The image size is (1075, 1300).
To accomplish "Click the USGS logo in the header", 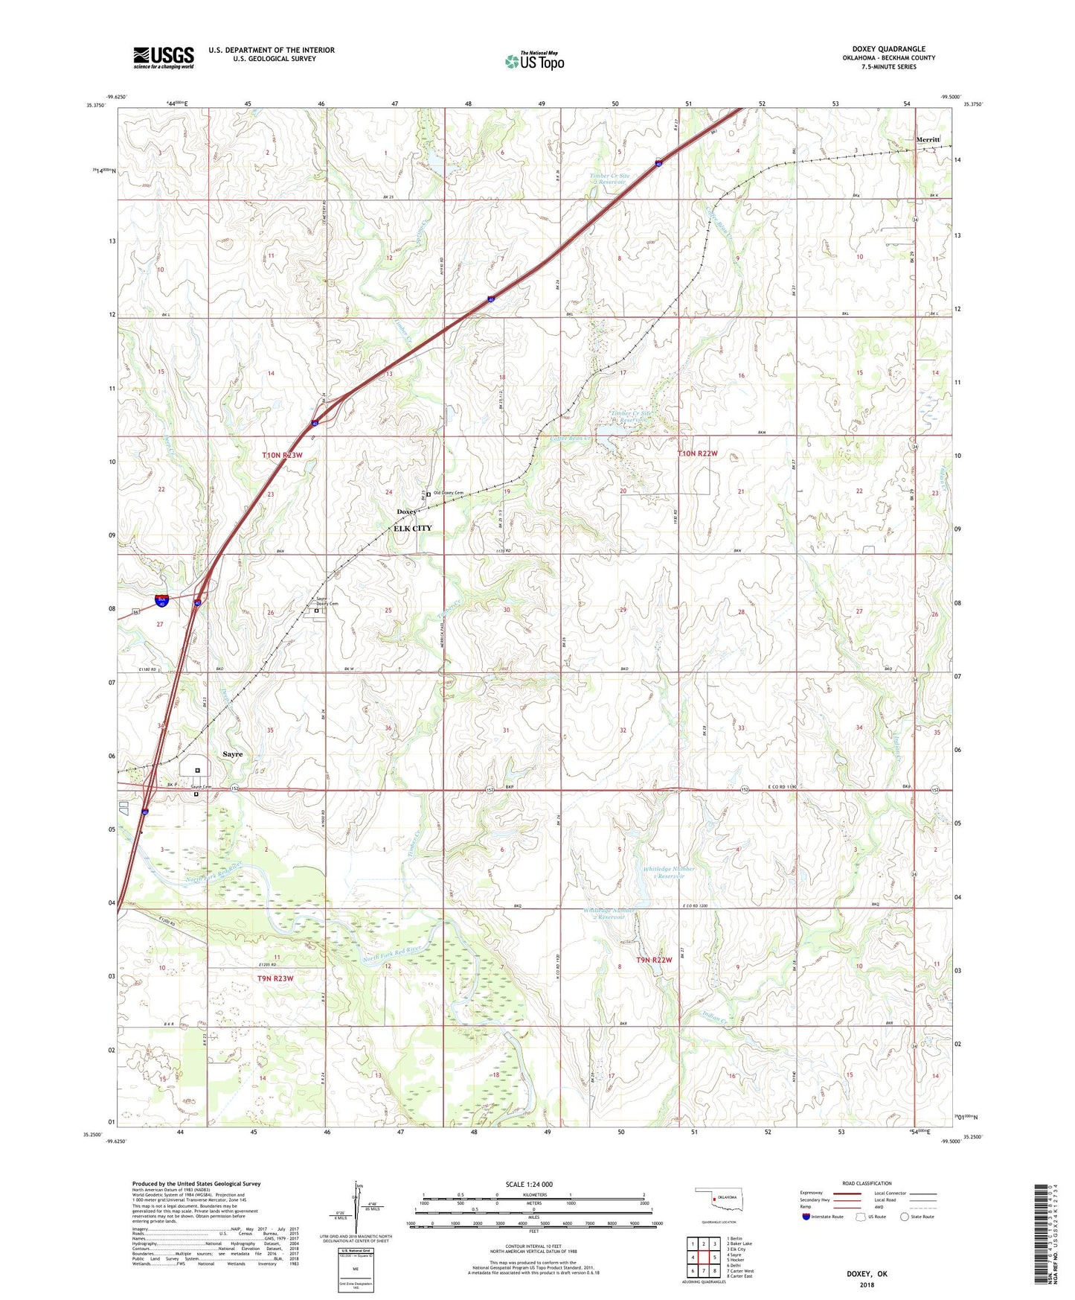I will [x=164, y=57].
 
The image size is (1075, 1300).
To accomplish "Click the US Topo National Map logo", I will [x=535, y=61].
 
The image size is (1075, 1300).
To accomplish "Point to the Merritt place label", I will [x=928, y=139].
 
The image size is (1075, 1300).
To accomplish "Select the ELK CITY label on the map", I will [x=412, y=528].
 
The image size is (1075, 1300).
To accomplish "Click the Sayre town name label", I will [x=232, y=753].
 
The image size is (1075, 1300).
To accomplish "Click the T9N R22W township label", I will [x=654, y=960].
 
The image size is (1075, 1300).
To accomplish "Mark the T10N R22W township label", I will [x=697, y=453].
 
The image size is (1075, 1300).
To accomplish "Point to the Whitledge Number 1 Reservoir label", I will [x=669, y=872].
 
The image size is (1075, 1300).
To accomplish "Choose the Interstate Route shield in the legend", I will [x=806, y=1217].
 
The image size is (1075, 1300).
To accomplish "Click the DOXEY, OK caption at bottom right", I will [x=867, y=1274].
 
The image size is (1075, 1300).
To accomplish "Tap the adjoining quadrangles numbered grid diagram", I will [x=703, y=1258].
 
